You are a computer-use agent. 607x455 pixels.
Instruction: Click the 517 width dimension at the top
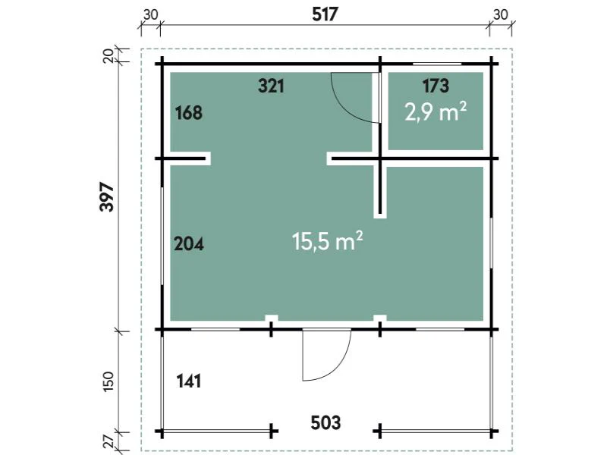[325, 14]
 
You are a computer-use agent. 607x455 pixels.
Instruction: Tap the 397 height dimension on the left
[107, 196]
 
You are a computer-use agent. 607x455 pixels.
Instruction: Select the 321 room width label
[272, 86]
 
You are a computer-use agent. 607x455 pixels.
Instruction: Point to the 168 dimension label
[188, 113]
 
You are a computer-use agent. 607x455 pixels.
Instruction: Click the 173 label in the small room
[436, 86]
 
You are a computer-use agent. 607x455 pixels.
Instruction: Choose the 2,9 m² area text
[436, 112]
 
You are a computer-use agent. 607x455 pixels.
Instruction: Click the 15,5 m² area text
[328, 241]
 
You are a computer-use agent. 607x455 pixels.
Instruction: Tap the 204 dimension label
[188, 244]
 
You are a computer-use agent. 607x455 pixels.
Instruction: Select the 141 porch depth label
[188, 381]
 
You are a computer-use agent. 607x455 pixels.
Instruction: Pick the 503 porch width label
[326, 423]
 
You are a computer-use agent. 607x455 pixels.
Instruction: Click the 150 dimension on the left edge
[109, 381]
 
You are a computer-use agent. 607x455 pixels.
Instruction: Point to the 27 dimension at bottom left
[109, 442]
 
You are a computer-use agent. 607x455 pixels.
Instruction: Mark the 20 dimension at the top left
[109, 56]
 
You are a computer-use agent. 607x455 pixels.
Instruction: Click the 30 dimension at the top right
[500, 14]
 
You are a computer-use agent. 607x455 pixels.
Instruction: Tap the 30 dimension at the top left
[150, 14]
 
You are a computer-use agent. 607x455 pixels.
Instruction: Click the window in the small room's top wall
[437, 64]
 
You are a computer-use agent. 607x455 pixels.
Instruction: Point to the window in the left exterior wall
[162, 237]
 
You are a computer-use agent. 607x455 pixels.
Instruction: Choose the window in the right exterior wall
[491, 243]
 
